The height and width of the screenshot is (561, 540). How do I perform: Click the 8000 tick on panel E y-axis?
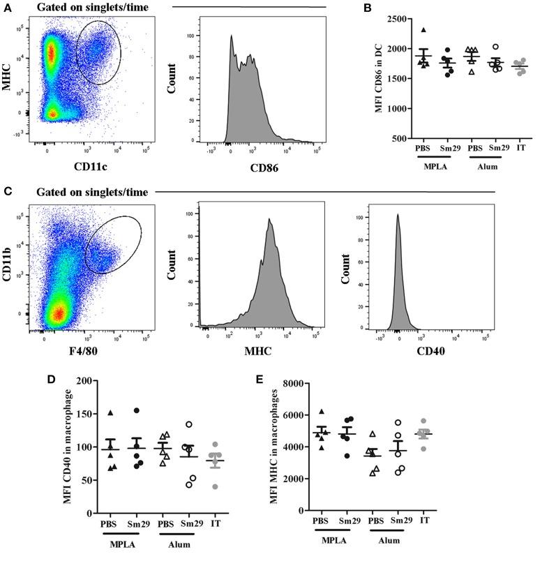[x=294, y=383]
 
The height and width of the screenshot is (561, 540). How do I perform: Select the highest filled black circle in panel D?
[x=137, y=411]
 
